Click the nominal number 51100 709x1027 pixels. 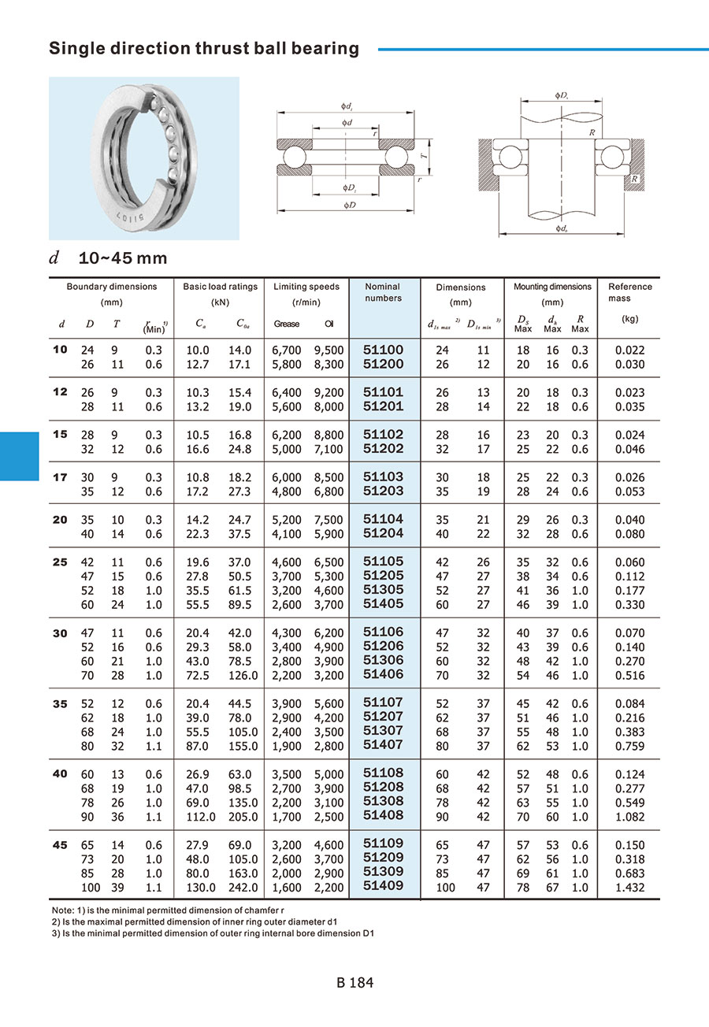383,350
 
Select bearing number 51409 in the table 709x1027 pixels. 383,885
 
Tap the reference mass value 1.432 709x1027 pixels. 629,888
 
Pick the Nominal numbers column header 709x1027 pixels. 383,292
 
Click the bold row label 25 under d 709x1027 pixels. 60,562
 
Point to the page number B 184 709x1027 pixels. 354,983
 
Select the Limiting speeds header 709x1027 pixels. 306,287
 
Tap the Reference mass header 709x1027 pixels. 629,292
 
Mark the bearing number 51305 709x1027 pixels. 383,589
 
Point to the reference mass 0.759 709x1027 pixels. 629,746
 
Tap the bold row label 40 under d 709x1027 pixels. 60,773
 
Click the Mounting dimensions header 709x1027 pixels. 552,287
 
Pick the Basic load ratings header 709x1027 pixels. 220,287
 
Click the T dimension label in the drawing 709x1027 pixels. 423,158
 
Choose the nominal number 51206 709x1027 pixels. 383,646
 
